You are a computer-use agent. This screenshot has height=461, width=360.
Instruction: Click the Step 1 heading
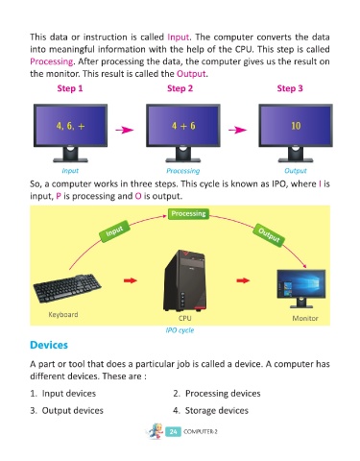point(70,88)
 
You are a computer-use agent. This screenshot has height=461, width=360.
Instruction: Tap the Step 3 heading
point(290,88)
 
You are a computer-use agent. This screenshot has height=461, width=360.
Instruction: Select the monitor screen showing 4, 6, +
point(70,125)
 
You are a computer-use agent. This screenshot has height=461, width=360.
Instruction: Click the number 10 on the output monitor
point(296,126)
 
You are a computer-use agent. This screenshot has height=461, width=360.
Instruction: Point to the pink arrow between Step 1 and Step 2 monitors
point(125,130)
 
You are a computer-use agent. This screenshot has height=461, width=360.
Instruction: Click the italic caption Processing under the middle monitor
point(182,171)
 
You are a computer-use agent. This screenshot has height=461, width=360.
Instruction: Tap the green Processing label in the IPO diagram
point(188,213)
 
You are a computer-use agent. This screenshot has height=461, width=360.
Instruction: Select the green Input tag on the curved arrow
point(114,230)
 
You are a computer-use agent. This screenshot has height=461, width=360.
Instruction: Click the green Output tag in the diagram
point(269,235)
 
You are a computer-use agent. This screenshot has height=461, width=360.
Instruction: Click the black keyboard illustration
point(67,288)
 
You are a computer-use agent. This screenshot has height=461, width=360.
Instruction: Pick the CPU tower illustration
point(184,280)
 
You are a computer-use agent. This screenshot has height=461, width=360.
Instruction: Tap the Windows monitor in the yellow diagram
point(300,288)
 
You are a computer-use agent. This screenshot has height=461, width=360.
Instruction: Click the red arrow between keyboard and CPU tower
point(130,280)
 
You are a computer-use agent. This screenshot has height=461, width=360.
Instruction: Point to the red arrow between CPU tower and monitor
point(243,280)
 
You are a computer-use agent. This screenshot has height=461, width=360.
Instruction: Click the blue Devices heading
point(49,345)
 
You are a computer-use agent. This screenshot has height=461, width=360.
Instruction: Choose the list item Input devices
point(63,394)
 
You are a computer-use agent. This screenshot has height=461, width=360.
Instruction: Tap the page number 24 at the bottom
point(173,431)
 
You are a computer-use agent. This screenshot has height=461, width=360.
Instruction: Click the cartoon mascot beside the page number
point(156,431)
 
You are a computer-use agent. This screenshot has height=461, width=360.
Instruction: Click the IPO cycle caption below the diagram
point(180,330)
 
